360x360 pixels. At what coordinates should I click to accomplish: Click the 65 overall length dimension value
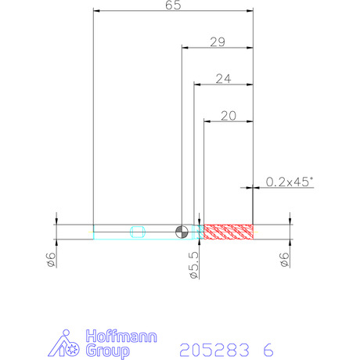coord(173,5)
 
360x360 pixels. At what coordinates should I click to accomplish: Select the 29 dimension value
coord(218,42)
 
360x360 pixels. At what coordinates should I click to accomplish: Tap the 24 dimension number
coord(223,79)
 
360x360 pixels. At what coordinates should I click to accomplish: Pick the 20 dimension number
coord(229,116)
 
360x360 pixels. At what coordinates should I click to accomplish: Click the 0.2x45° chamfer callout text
coord(290,182)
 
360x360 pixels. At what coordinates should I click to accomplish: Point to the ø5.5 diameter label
coord(194,265)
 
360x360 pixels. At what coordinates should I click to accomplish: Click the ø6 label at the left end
coord(51,260)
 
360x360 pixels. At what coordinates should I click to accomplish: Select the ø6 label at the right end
coord(284,260)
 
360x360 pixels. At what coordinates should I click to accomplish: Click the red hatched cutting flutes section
coord(229,232)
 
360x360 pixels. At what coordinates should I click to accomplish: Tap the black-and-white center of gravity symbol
coord(182,232)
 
